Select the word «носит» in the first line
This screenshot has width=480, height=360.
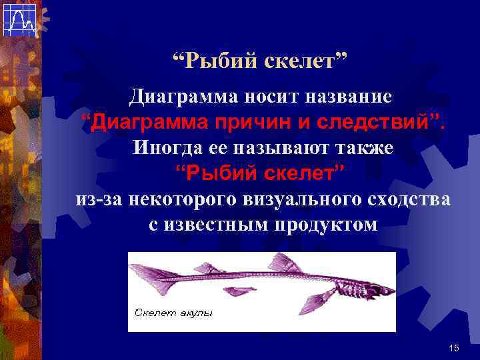[261, 97]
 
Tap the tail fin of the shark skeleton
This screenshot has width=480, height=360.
[148, 273]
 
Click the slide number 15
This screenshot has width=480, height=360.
[455, 348]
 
